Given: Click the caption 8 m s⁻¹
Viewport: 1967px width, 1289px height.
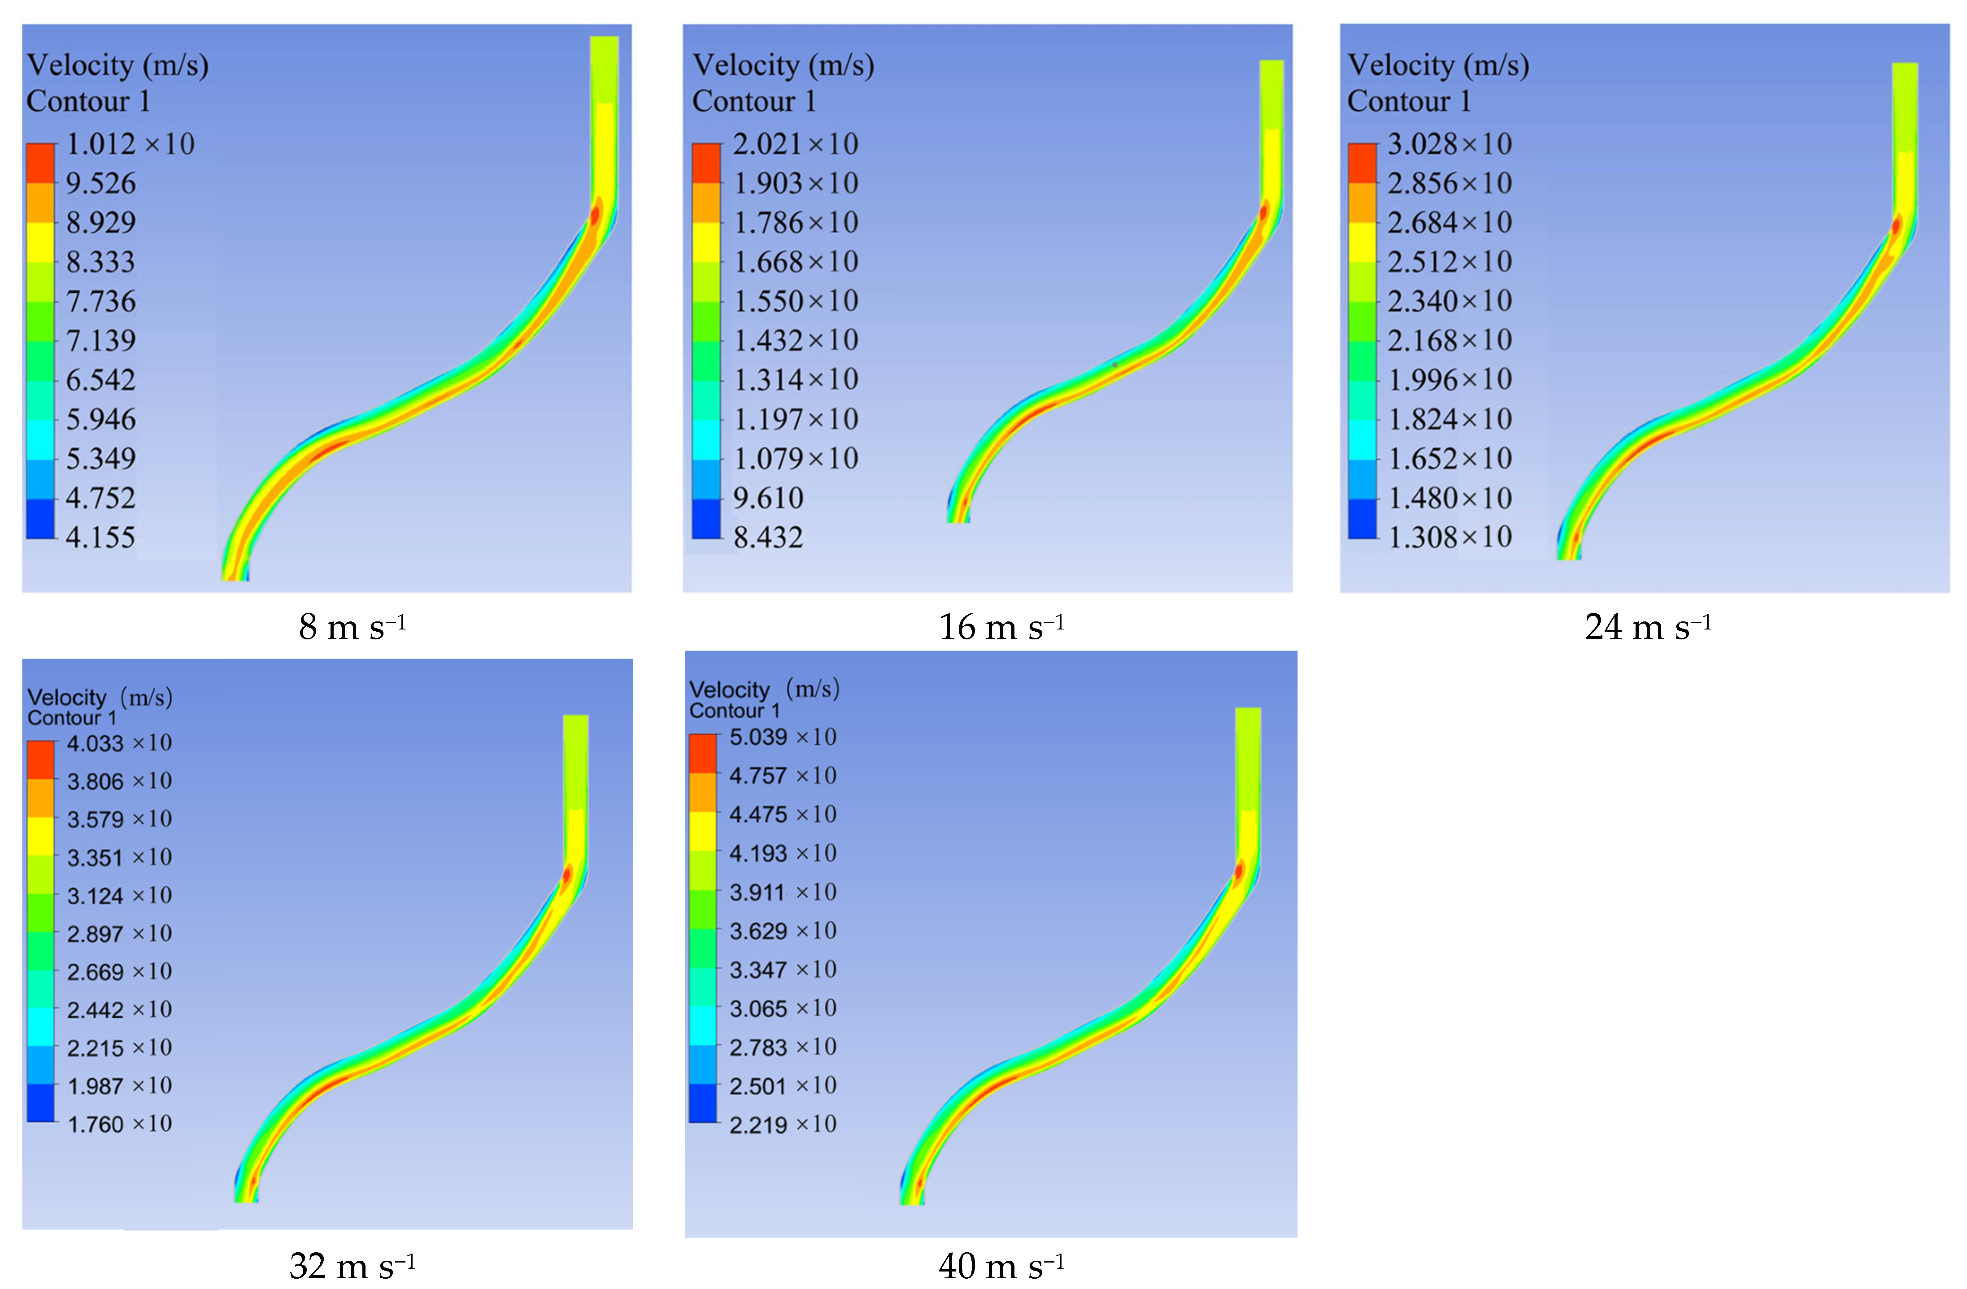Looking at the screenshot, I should pyautogui.click(x=352, y=627).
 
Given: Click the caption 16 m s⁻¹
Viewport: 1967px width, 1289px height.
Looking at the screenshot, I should pyautogui.click(x=1001, y=627).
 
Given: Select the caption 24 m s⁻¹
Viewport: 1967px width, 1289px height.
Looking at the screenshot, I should pyautogui.click(x=1647, y=627).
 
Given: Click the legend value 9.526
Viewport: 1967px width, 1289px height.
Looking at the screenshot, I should pyautogui.click(x=101, y=183).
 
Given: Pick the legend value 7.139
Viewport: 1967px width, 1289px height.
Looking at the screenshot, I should pyautogui.click(x=101, y=340).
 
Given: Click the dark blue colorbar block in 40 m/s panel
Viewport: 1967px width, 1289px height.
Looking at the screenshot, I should pyautogui.click(x=702, y=1103).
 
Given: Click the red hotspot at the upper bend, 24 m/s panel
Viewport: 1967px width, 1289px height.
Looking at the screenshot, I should pyautogui.click(x=1896, y=225).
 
